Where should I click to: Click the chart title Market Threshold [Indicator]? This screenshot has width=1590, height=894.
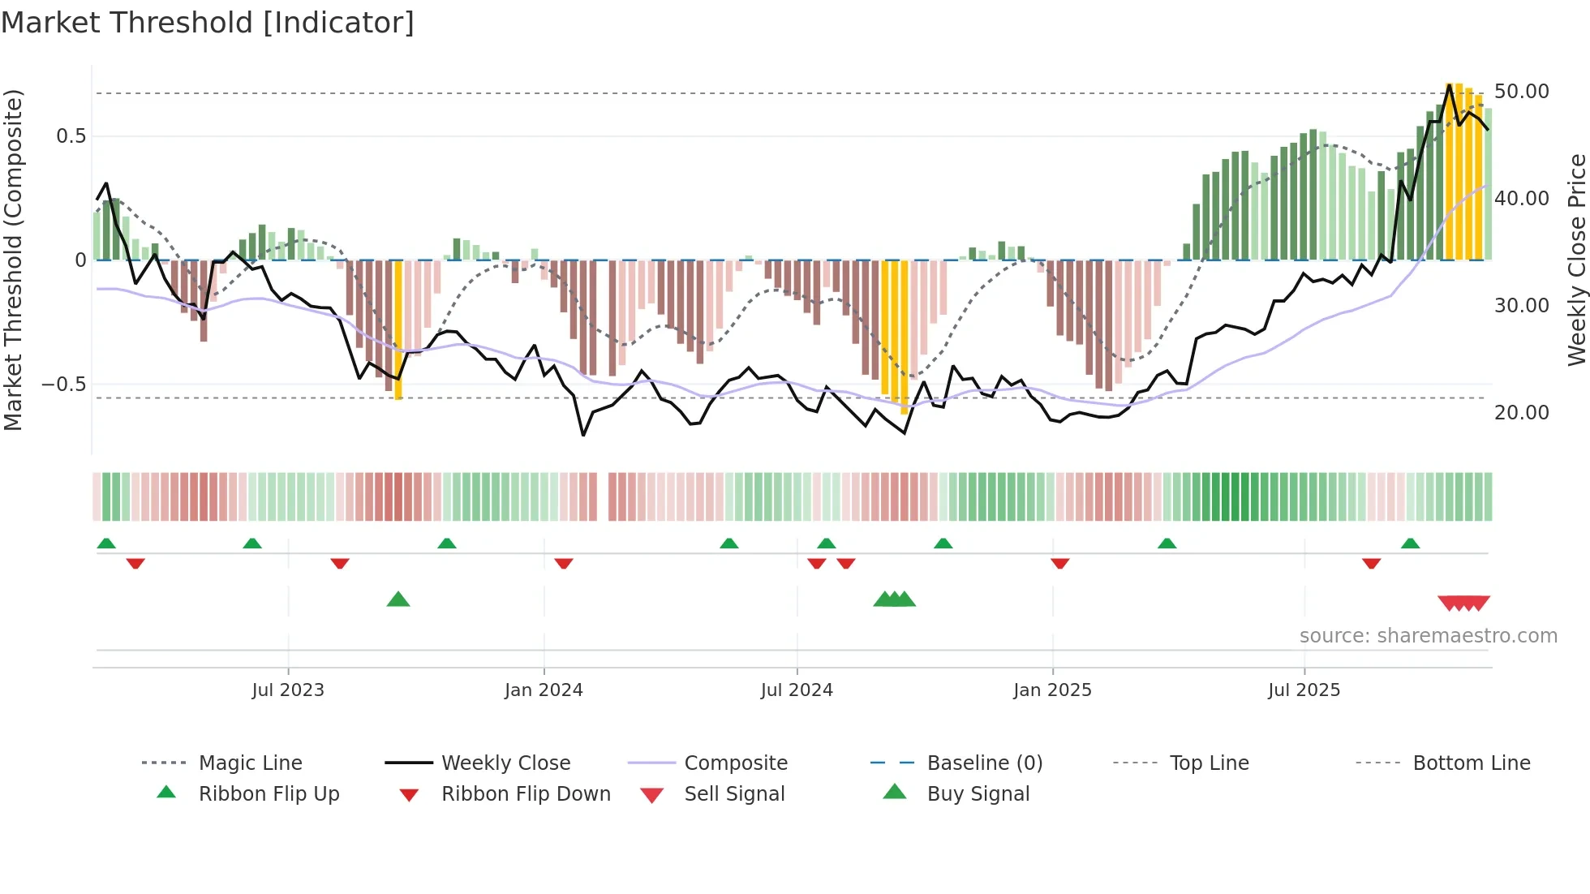pos(208,23)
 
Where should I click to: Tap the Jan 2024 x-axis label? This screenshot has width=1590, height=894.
pos(544,690)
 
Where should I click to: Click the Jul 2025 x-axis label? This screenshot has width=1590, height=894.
pos(1304,690)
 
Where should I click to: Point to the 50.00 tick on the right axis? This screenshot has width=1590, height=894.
pos(1521,92)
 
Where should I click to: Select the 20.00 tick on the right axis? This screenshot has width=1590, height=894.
pos(1521,413)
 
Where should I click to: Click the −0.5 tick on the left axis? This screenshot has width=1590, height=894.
pos(64,385)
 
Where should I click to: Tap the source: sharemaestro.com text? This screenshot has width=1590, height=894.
pos(1428,636)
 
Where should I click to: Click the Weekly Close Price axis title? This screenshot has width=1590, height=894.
pos(1576,260)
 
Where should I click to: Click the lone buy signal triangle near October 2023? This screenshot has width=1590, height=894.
pos(398,600)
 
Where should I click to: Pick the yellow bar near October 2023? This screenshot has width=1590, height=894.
pos(398,329)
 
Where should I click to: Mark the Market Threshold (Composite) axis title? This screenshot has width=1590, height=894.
pos(13,260)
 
